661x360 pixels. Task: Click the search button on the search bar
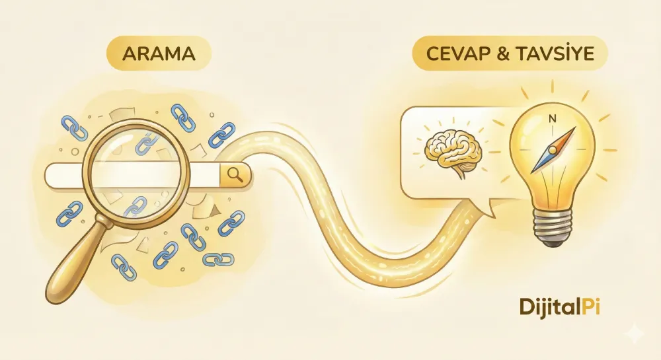click(x=235, y=174)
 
